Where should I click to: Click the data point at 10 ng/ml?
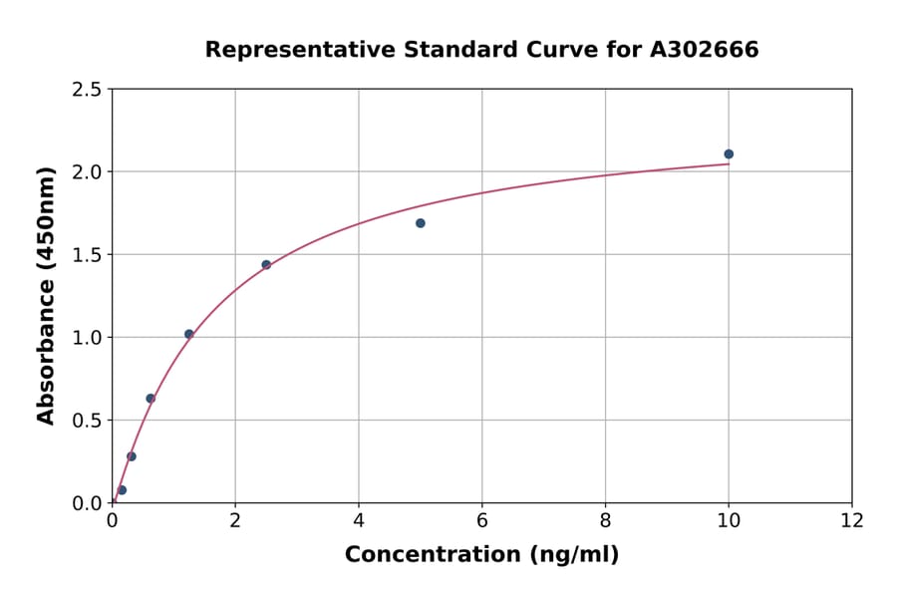(729, 153)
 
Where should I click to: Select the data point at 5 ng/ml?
(421, 223)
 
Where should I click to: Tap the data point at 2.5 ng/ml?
(266, 264)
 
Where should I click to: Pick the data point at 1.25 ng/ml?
(189, 334)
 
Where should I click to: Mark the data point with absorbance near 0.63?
(150, 399)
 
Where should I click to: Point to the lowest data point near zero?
(122, 490)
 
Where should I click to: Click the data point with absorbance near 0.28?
(132, 456)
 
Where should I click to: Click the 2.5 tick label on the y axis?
(88, 90)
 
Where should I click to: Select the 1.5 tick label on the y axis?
(88, 255)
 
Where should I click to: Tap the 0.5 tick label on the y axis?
(88, 421)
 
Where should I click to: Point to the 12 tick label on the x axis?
(852, 519)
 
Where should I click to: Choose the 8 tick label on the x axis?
(605, 519)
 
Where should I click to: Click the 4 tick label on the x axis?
(359, 519)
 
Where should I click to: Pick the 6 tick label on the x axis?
(482, 519)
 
